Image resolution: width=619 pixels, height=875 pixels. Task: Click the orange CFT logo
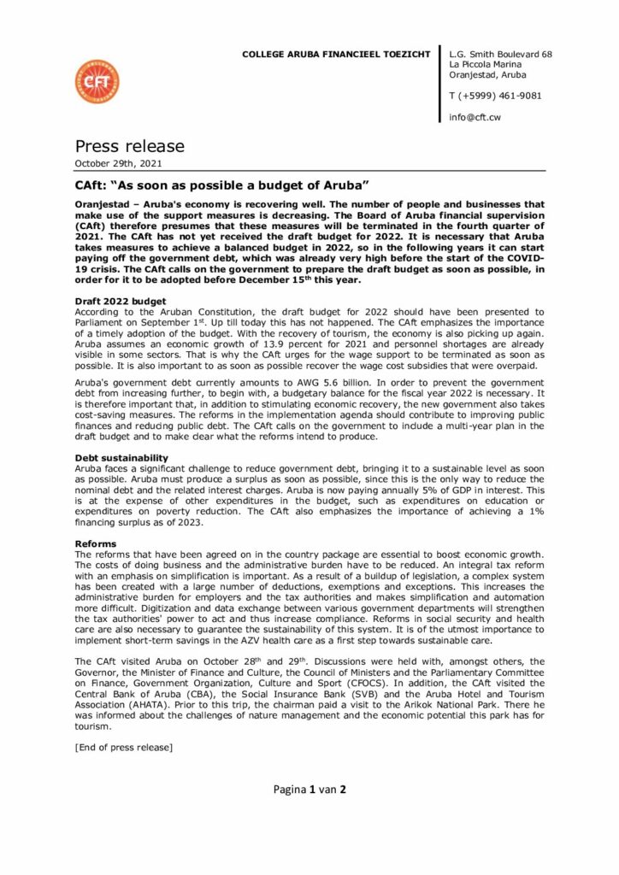pyautogui.click(x=97, y=81)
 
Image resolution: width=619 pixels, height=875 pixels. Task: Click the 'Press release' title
pyautogui.click(x=129, y=146)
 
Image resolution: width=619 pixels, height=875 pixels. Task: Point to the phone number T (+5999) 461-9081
pyautogui.click(x=495, y=95)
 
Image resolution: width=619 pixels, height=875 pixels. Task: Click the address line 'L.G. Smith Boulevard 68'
pyautogui.click(x=500, y=54)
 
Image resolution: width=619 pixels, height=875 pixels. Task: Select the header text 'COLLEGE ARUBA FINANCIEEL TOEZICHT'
pyautogui.click(x=336, y=54)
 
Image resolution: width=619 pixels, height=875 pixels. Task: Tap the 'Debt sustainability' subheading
pyautogui.click(x=122, y=458)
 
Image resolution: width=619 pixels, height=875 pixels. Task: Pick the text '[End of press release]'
pyautogui.click(x=124, y=747)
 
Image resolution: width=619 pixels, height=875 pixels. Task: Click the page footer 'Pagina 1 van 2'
pyautogui.click(x=309, y=790)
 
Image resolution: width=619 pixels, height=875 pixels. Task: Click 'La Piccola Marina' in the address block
pyautogui.click(x=492, y=63)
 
